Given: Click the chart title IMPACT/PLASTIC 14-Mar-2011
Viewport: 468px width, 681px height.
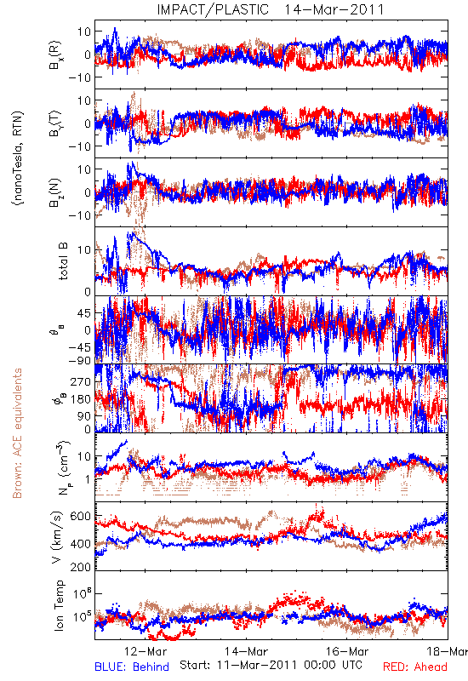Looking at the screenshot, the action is (x=271, y=9).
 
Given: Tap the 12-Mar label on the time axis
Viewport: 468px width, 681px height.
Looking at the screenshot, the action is (x=146, y=651).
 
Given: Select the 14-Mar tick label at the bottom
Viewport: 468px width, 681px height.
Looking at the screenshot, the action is (x=246, y=651).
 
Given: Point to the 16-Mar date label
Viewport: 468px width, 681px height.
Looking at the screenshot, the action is (x=347, y=651).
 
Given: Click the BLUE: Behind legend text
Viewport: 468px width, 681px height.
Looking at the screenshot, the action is (x=132, y=667).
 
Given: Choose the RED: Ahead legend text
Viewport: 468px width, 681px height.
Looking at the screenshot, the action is (x=414, y=667).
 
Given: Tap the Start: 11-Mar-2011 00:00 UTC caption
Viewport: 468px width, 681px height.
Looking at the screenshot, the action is (x=271, y=665).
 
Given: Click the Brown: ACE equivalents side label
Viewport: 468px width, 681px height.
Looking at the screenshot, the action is (x=17, y=433).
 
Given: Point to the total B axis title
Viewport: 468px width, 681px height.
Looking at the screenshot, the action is (x=62, y=261).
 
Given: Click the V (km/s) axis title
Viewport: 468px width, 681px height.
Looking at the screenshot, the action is (x=57, y=537).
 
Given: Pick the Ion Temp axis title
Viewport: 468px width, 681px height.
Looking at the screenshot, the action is (x=60, y=605).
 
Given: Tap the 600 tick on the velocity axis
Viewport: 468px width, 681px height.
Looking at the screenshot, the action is (x=80, y=516).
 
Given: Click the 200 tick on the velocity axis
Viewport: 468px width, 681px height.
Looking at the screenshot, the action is (x=80, y=566).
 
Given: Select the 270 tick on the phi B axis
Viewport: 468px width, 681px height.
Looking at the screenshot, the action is (x=80, y=381).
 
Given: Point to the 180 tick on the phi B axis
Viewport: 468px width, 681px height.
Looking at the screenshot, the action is (x=80, y=399).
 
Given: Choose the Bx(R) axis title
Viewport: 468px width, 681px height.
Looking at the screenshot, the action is (x=55, y=54).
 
